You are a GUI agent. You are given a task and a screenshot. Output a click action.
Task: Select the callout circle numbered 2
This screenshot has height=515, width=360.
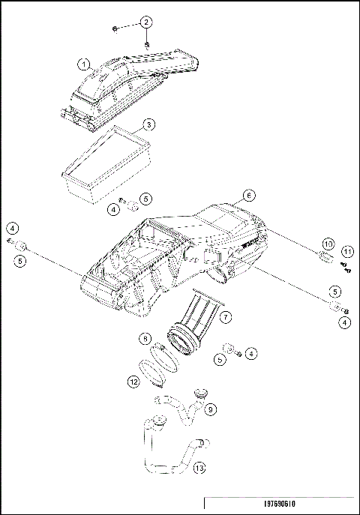145,22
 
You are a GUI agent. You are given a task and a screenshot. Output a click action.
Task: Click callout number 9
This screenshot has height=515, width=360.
211,409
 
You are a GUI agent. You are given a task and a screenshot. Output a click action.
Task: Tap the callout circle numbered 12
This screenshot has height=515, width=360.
133,381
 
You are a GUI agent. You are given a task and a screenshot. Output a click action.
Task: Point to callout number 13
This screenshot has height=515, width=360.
199,469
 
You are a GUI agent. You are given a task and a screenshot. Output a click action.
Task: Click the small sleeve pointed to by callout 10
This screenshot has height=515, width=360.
325,260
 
